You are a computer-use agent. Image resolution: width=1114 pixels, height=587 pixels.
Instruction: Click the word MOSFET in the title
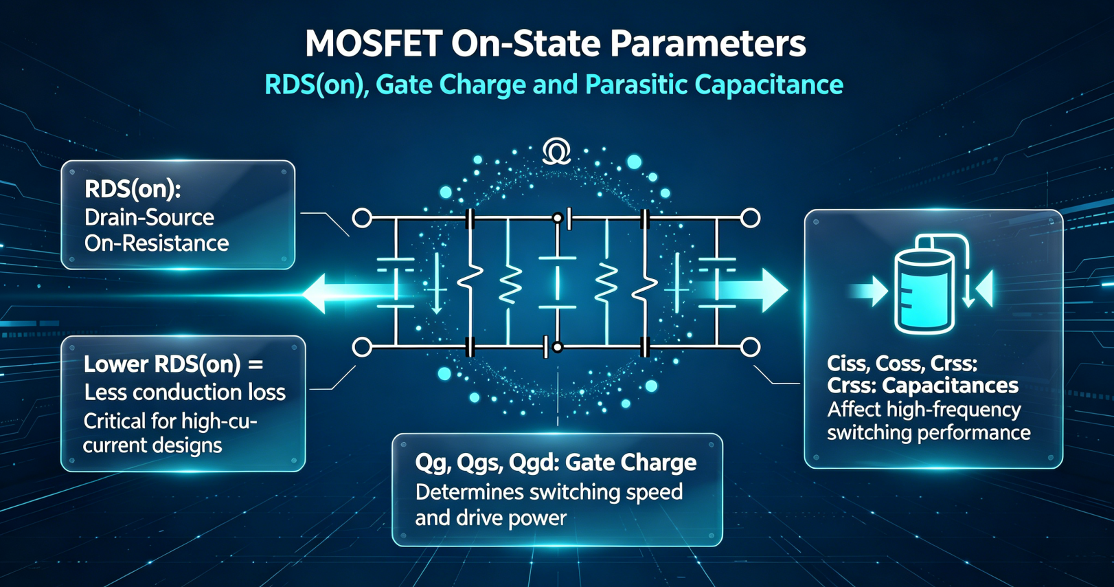(x=374, y=44)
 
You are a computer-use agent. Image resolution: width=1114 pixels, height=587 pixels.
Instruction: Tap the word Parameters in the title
(x=708, y=44)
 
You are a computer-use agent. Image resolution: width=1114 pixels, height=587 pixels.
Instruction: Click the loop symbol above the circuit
(x=556, y=151)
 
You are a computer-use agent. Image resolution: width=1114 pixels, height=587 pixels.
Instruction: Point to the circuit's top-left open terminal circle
(x=362, y=218)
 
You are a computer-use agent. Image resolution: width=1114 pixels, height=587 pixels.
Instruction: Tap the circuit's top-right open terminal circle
(x=750, y=218)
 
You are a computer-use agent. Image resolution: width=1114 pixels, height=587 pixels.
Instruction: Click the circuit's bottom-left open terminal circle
(x=362, y=347)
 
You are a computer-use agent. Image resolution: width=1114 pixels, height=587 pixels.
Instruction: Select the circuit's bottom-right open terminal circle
(x=750, y=347)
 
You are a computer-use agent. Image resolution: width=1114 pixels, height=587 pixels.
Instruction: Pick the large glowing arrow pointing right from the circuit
(x=741, y=290)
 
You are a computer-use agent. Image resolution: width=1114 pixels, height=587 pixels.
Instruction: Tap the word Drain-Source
(x=149, y=218)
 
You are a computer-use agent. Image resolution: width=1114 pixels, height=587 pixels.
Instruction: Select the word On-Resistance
(x=157, y=243)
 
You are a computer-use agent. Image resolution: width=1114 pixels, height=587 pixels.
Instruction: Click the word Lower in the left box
(x=116, y=364)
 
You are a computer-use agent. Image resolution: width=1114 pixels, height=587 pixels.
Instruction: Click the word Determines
(x=469, y=492)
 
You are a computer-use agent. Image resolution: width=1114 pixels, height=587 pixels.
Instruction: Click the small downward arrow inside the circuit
(x=437, y=283)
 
